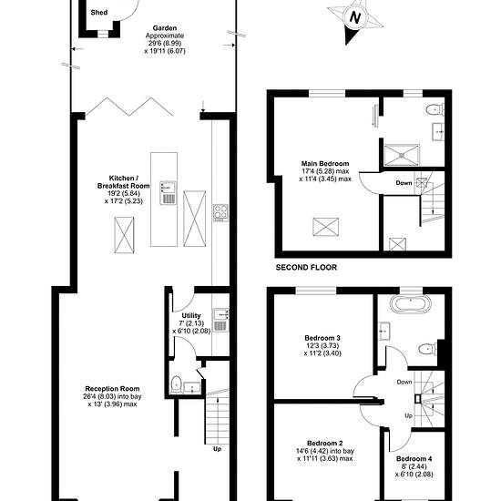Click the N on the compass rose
click(354, 17)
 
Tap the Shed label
click(99, 13)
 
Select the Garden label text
click(165, 28)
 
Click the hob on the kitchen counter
click(220, 212)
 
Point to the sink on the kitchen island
click(168, 193)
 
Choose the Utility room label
click(191, 315)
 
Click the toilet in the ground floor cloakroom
click(176, 384)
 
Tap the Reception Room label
click(112, 389)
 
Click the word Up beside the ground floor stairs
click(217, 449)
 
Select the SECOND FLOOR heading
click(306, 267)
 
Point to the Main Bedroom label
click(325, 163)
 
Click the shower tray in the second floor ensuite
click(402, 155)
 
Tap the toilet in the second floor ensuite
click(435, 109)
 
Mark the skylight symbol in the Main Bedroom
click(325, 227)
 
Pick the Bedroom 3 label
click(322, 338)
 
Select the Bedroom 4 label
click(414, 458)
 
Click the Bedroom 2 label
click(324, 444)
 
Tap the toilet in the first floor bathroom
click(427, 349)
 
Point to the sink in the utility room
click(220, 320)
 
